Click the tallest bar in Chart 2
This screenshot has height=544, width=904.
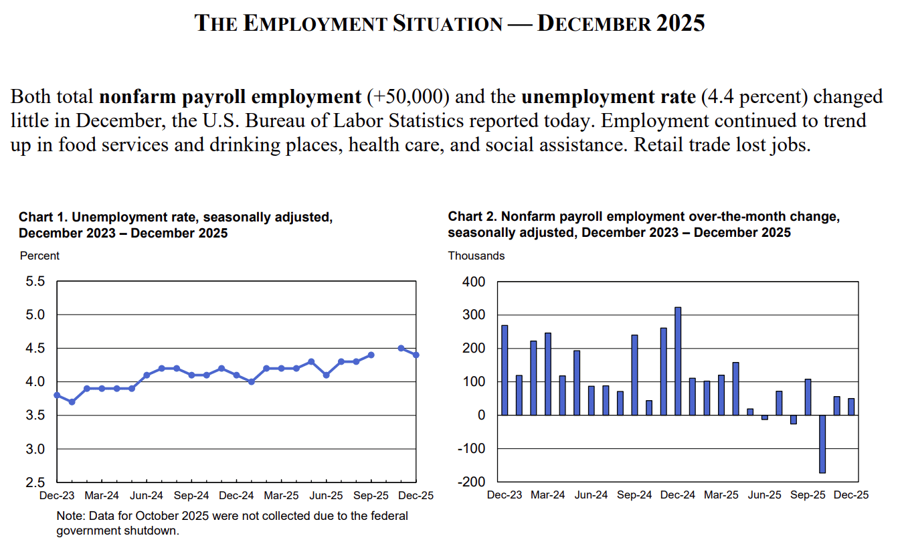(678, 361)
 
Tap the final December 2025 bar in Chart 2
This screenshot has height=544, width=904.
(851, 407)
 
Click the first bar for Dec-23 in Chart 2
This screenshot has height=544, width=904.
(505, 370)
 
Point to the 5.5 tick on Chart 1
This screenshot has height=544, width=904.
(35, 282)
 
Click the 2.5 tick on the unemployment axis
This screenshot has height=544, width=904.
(35, 482)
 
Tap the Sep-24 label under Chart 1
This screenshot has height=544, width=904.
(191, 496)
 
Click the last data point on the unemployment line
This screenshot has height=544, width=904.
(416, 355)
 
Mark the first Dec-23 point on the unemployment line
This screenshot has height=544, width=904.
(57, 395)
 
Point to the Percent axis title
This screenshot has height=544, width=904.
(39, 256)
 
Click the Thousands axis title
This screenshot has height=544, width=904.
(476, 256)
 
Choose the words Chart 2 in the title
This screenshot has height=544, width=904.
(472, 217)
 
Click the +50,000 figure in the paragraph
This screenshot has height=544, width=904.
(407, 97)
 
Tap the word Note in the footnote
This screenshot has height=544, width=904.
(69, 516)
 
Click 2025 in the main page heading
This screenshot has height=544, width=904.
(680, 23)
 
